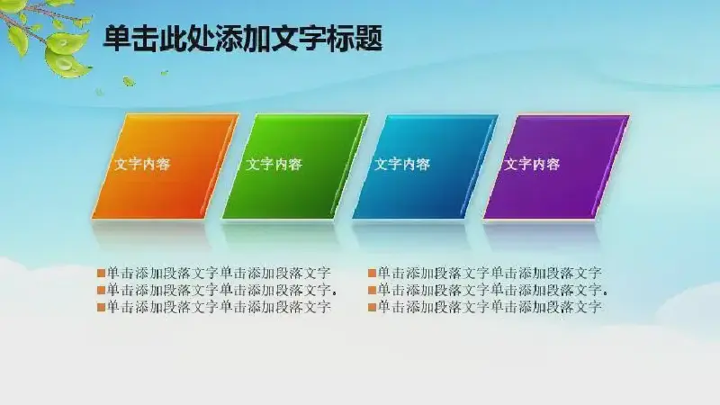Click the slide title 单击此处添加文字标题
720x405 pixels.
click(242, 38)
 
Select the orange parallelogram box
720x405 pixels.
click(166, 166)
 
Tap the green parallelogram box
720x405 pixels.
click(295, 166)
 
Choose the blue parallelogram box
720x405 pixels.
click(425, 166)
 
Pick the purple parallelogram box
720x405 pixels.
click(556, 166)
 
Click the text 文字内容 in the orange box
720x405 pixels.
click(142, 165)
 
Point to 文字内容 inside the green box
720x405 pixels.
click(274, 165)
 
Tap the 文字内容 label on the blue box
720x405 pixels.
click(402, 165)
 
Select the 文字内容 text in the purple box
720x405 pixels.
click(532, 165)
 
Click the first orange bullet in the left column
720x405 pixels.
click(101, 274)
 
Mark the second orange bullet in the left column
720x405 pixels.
click(101, 291)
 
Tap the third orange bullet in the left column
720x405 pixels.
click(101, 307)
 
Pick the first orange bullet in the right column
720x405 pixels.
click(372, 274)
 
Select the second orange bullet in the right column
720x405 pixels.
click(372, 291)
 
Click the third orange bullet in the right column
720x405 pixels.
click(372, 307)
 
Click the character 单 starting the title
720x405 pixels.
click(117, 38)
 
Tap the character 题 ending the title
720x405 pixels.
click(369, 38)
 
